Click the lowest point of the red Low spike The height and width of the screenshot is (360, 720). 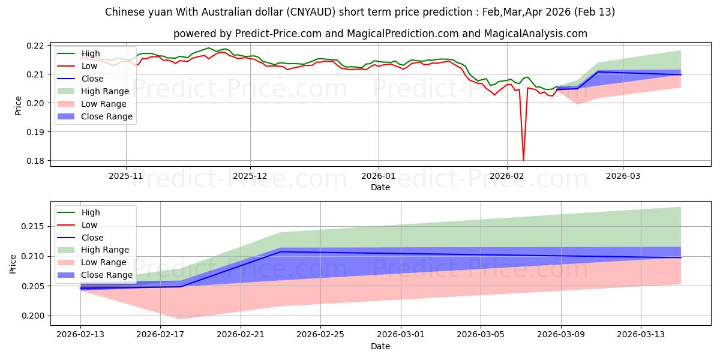[523, 160]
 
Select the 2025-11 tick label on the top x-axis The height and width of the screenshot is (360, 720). [126, 176]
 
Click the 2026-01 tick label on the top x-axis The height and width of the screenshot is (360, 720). [378, 176]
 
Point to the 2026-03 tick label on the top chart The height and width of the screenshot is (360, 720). [622, 176]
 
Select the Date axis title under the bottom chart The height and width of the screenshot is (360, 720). [380, 347]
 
